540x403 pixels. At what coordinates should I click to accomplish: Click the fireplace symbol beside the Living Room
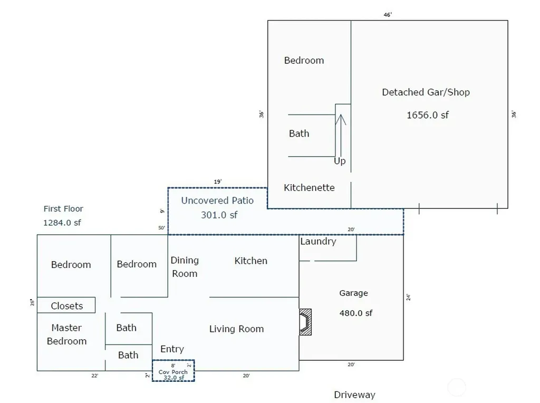[x=305, y=322]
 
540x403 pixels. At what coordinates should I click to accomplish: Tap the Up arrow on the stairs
[x=341, y=136]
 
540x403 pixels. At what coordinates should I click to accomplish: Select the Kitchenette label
[x=309, y=188]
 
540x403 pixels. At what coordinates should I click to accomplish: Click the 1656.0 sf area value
[x=427, y=115]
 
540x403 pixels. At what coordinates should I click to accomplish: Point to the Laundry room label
[x=318, y=242]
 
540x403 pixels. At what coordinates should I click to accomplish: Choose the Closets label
[x=67, y=306]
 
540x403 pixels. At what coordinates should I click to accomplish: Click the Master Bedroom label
[x=66, y=334]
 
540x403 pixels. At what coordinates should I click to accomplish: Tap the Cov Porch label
[x=173, y=372]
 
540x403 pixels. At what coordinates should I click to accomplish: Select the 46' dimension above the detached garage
[x=388, y=15]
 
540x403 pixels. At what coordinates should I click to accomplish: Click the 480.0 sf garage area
[x=356, y=313]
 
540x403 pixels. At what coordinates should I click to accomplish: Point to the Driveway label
[x=354, y=395]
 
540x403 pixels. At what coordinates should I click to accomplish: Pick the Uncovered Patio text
[x=217, y=200]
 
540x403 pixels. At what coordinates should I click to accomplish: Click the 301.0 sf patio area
[x=219, y=215]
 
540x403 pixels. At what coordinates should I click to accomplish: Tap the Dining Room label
[x=185, y=267]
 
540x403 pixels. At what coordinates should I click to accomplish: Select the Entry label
[x=172, y=349]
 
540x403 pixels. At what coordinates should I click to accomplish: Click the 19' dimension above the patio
[x=218, y=181]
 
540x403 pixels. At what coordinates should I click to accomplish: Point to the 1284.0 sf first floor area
[x=62, y=223]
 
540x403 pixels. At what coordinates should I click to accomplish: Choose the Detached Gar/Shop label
[x=426, y=92]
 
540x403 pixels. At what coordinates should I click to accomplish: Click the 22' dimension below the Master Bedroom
[x=95, y=376]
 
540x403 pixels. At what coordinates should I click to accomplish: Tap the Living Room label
[x=237, y=329]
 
